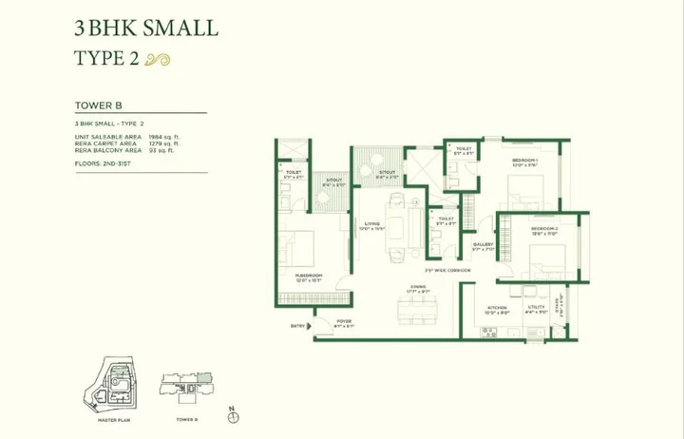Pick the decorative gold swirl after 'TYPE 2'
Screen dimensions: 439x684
coord(161,59)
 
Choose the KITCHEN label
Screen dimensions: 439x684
coord(497,307)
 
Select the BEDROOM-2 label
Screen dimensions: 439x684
coord(544,229)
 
